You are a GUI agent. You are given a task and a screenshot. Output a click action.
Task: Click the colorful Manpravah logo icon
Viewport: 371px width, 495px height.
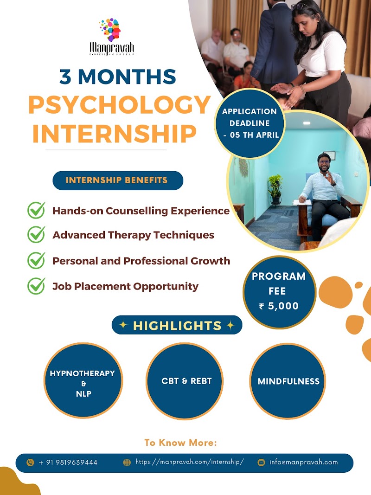[110, 30]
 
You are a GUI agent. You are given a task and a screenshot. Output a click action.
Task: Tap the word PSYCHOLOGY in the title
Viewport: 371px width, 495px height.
[120, 105]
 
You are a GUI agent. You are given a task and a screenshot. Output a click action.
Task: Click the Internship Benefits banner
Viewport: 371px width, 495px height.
[118, 180]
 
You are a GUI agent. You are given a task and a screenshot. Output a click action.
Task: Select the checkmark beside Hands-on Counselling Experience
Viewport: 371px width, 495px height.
[36, 210]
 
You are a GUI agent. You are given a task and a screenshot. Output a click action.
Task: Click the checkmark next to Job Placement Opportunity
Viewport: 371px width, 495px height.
[36, 286]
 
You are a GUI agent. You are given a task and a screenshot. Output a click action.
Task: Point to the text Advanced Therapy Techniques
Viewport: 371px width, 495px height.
[133, 235]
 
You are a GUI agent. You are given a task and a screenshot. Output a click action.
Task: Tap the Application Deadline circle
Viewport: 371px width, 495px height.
[250, 123]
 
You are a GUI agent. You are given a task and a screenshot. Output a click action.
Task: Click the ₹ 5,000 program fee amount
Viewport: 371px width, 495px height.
[279, 306]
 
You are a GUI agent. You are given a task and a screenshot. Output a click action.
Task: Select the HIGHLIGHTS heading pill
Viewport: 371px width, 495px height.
[177, 325]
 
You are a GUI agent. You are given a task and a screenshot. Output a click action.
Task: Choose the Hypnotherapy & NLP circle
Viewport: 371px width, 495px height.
[83, 381]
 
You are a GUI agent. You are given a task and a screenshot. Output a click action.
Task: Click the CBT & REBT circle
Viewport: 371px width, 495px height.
[185, 381]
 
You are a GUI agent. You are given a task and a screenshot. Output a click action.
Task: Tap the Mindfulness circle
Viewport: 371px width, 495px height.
[288, 381]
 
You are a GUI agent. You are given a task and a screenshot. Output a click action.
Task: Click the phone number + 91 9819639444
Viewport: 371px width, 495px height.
[68, 463]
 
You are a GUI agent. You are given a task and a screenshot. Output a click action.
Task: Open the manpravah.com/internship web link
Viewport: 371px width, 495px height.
[190, 462]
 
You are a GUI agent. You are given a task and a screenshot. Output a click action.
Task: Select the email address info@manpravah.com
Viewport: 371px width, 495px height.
[303, 462]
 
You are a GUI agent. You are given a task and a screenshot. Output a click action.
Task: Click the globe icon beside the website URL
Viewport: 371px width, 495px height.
[127, 463]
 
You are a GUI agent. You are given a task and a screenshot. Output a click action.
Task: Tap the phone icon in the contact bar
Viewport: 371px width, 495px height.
[30, 463]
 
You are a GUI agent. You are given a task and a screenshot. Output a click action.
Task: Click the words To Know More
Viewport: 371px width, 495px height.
[180, 443]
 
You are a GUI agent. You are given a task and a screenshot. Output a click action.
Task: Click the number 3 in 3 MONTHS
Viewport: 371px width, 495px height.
[65, 77]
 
